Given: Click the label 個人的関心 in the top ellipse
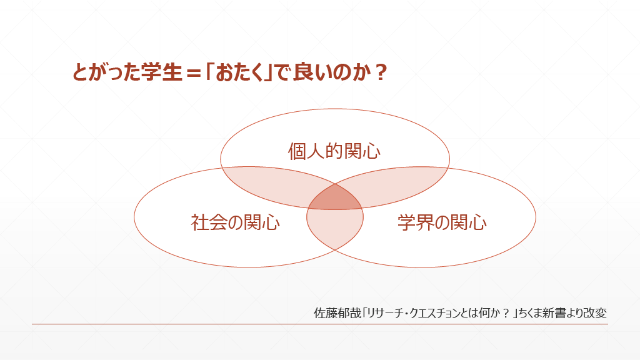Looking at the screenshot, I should [334, 151].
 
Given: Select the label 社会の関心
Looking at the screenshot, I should [235, 222].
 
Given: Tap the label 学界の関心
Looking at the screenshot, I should [441, 222].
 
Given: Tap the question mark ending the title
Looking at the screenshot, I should [377, 73].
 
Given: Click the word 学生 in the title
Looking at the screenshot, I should [159, 73].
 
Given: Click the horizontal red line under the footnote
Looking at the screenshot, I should [319, 324].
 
